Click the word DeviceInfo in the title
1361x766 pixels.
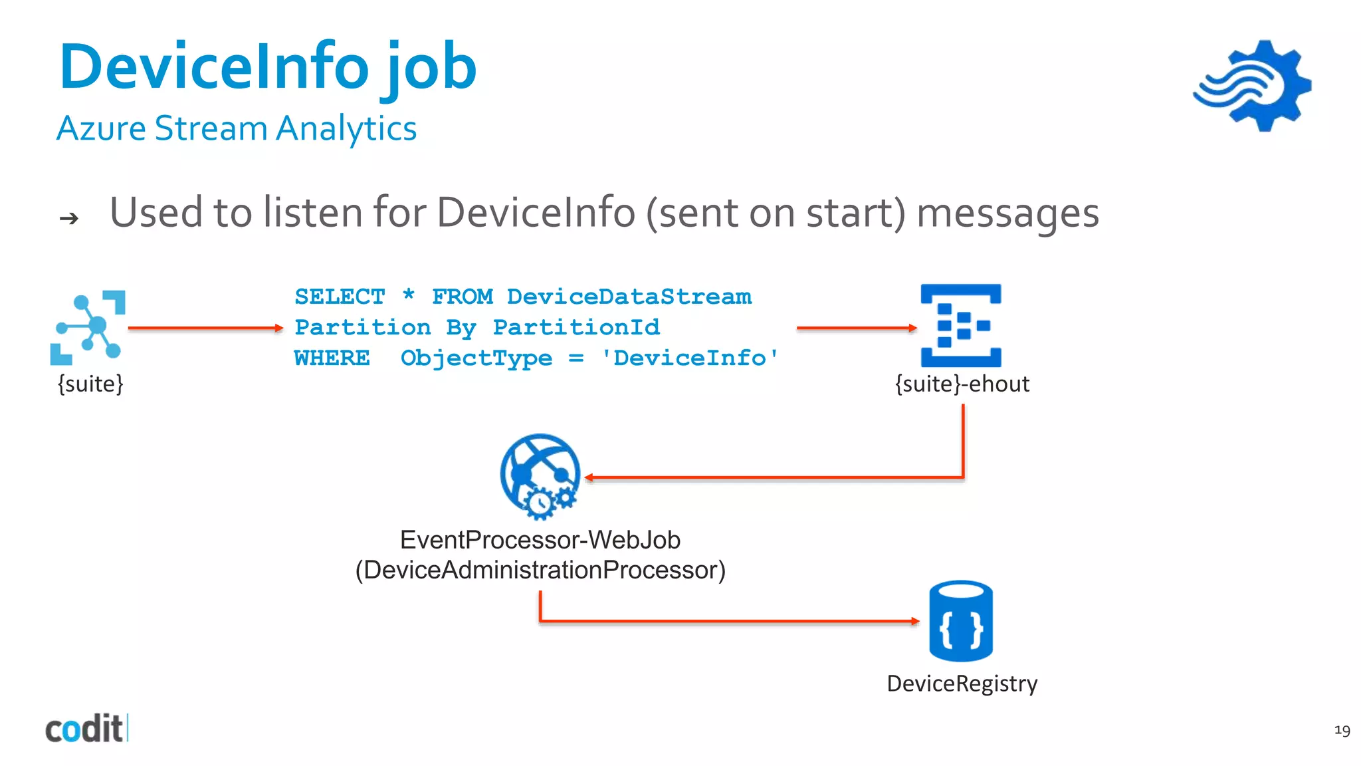(x=214, y=66)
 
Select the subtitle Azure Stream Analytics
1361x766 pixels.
(x=237, y=128)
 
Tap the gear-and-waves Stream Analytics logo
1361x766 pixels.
(x=1253, y=85)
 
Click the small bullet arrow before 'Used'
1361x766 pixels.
(x=69, y=218)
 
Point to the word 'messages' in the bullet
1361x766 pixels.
(x=1007, y=213)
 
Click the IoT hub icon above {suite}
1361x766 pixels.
(x=88, y=327)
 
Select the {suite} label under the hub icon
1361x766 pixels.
(x=90, y=384)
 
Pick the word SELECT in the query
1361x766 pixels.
(x=340, y=297)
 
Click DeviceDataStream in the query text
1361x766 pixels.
(x=629, y=297)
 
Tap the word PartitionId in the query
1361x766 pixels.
(x=576, y=327)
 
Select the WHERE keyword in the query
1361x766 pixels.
(x=332, y=358)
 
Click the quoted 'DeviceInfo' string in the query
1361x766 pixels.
(x=689, y=358)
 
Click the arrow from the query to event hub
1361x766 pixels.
(x=856, y=328)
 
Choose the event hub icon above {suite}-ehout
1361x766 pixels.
(x=961, y=325)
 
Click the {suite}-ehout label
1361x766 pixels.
(x=962, y=384)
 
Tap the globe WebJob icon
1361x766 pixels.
(x=540, y=475)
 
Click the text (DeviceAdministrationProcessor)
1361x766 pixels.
(x=540, y=570)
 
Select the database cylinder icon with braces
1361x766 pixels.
(x=961, y=621)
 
